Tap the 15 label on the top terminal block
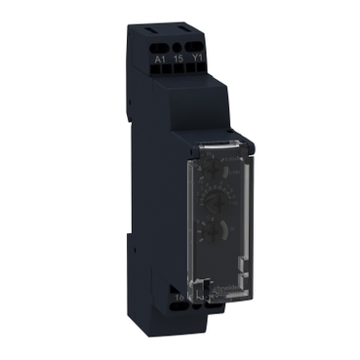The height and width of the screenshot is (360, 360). pyautogui.click(x=180, y=58)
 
